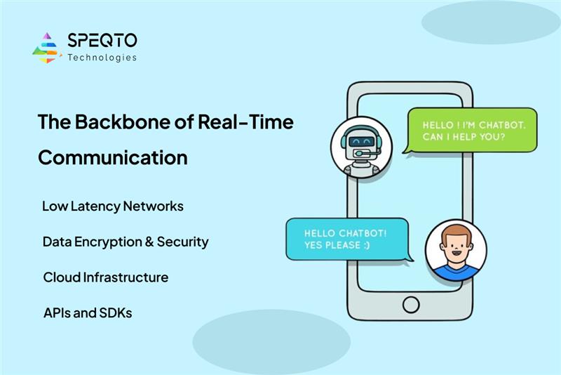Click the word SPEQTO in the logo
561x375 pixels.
[102, 40]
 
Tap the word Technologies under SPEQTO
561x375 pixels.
[102, 58]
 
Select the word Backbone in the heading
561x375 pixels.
[122, 121]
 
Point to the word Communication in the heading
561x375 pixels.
[113, 157]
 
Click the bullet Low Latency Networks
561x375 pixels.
[113, 206]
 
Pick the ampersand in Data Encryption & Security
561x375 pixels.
[149, 242]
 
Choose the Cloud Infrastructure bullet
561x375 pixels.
[106, 277]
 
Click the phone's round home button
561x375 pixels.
[411, 305]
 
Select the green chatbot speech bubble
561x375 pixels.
[471, 131]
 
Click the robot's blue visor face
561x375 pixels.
[361, 142]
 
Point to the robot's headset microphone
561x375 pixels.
[359, 154]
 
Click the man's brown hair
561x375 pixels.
[456, 235]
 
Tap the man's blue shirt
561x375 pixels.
[455, 272]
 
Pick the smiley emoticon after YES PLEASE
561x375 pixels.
[367, 245]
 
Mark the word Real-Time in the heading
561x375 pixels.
[245, 121]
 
